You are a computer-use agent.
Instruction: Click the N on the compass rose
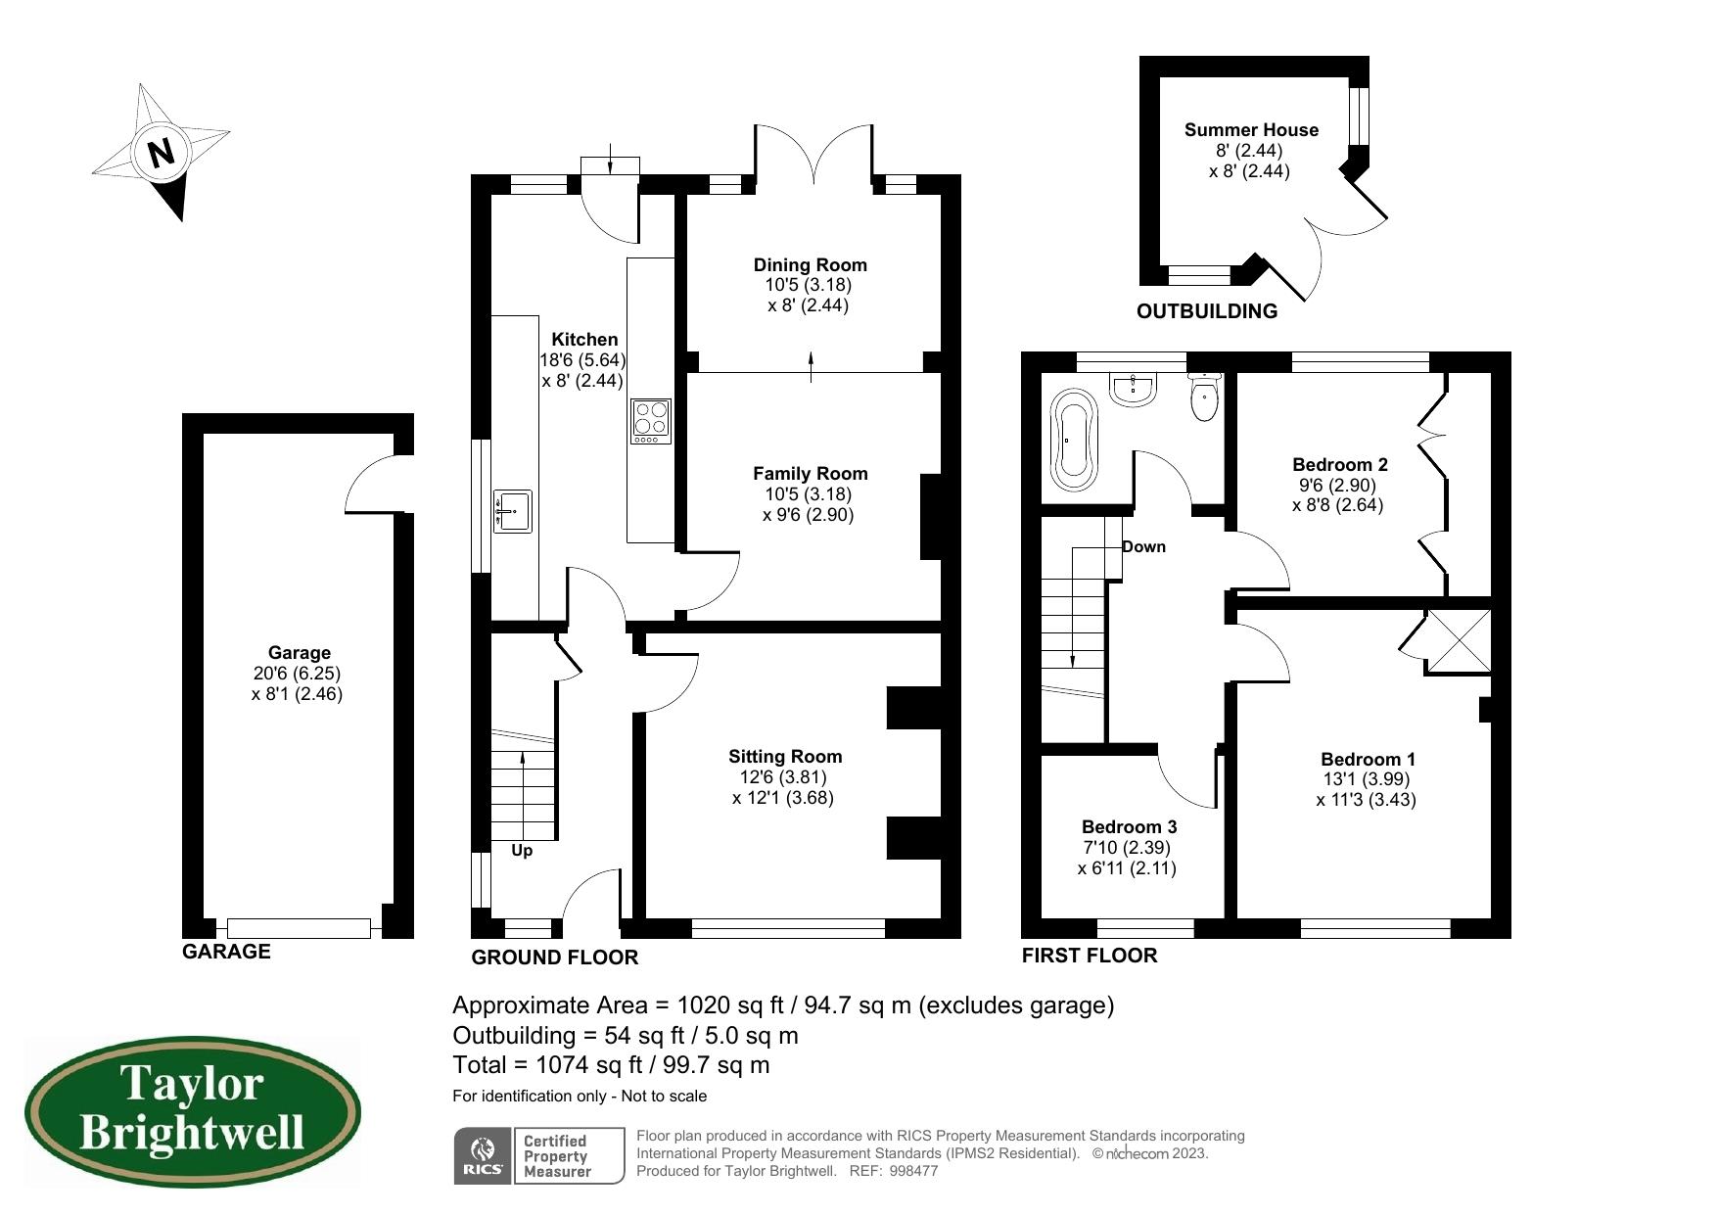coord(162,153)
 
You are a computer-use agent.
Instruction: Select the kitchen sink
coord(512,511)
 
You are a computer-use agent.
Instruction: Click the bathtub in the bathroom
coord(1074,440)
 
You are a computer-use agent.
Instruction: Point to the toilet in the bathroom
coord(1204,397)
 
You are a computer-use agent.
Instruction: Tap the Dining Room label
coord(810,264)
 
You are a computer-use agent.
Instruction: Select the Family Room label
coord(810,473)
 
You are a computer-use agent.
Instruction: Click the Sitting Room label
coord(784,756)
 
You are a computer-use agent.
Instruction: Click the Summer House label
coord(1250,129)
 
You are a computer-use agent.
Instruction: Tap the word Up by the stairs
coord(522,850)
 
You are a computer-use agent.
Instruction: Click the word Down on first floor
coord(1143,546)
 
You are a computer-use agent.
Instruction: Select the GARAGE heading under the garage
coord(226,951)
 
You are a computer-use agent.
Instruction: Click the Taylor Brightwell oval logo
coord(193,1112)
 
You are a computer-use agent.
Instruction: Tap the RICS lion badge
coord(483,1155)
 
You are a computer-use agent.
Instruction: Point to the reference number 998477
coord(914,1170)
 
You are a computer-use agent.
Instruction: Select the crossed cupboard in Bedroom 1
coord(1458,641)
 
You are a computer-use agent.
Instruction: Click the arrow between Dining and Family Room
coord(811,364)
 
